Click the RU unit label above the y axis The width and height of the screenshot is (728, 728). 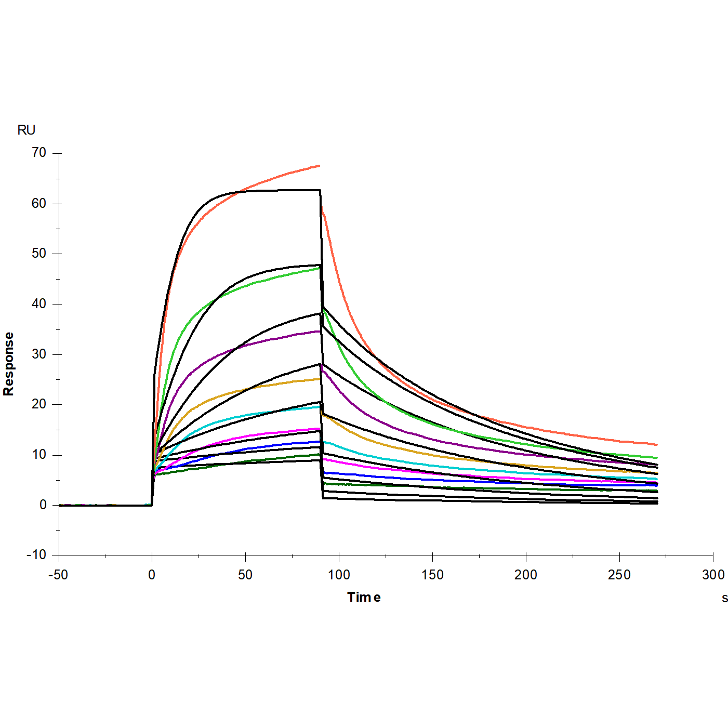[x=27, y=130]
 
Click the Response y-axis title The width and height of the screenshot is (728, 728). [x=9, y=364]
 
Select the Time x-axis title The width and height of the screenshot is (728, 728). [x=364, y=597]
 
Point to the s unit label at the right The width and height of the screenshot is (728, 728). [x=724, y=598]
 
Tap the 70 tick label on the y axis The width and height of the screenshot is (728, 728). [x=39, y=153]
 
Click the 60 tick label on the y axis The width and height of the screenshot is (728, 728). [x=39, y=203]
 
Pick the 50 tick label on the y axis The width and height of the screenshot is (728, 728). [x=39, y=254]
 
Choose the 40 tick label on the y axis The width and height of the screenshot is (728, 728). [x=39, y=304]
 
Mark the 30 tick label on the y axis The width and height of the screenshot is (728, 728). [x=39, y=354]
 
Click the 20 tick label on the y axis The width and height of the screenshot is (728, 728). [x=39, y=404]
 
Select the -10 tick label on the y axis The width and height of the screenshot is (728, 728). [x=36, y=555]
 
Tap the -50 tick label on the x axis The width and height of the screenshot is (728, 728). [x=58, y=575]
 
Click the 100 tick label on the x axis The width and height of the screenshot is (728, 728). [x=339, y=575]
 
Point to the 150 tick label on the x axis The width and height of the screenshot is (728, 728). [x=432, y=575]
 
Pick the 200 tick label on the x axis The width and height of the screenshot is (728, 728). [x=526, y=575]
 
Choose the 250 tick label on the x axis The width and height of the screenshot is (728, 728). [x=619, y=575]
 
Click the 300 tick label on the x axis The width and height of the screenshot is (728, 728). [x=713, y=575]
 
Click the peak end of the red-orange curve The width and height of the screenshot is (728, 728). [x=319, y=166]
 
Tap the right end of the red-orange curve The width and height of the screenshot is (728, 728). [x=657, y=445]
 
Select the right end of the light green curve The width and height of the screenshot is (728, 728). [x=657, y=458]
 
